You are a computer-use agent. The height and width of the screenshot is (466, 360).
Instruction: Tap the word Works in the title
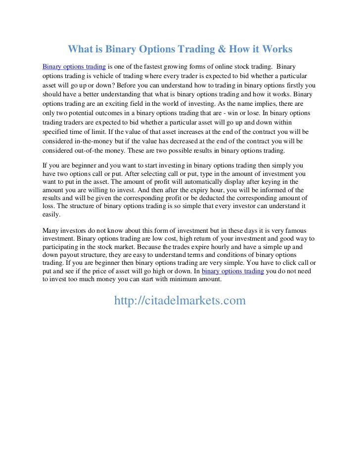click(274, 49)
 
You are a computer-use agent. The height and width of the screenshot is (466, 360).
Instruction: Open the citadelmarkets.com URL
click(180, 300)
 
